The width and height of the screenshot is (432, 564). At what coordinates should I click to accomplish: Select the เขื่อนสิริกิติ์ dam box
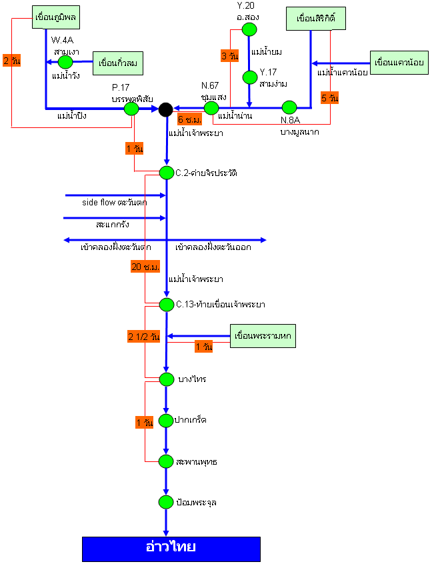pos(316,19)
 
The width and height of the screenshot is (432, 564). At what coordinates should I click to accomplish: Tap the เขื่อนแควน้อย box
pos(399,63)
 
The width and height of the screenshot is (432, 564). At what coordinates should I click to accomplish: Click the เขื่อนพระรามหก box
pos(262,335)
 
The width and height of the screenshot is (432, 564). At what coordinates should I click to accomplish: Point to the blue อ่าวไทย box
pos(171,548)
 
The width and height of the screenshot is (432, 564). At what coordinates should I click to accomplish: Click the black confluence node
pos(166,108)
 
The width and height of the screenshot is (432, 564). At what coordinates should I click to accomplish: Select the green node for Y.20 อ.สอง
pos(249,29)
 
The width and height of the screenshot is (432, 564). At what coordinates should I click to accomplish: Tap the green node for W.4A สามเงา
pos(65,62)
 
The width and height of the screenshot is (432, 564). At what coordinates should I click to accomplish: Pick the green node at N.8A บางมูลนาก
pos(289,107)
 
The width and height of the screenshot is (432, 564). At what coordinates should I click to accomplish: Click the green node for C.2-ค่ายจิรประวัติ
pos(167,173)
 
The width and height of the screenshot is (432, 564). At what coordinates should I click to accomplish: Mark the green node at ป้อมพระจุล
pos(167,502)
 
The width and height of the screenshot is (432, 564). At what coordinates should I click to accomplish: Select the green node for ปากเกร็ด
pos(167,420)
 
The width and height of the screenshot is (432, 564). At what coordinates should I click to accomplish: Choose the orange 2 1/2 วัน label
pos(144,337)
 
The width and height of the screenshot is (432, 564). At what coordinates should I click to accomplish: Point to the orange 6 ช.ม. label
pos(190,120)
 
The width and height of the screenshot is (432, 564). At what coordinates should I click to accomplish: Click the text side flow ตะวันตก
pos(114,202)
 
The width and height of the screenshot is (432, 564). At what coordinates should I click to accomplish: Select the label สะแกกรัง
pos(113,225)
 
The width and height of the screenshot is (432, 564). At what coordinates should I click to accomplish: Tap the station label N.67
pos(210,85)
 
